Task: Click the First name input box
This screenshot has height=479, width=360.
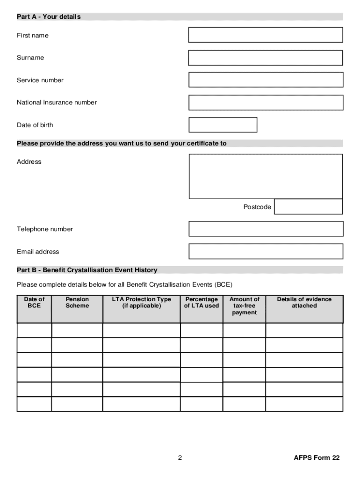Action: point(266,35)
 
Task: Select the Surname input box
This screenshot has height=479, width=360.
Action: point(266,58)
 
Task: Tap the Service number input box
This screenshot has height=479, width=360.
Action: point(266,80)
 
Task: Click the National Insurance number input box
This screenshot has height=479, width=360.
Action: point(266,102)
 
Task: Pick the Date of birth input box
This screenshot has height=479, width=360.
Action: point(223,125)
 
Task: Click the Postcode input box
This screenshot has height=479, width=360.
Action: point(308,207)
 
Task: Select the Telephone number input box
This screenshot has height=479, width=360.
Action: point(266,229)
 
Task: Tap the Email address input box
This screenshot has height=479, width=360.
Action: point(266,251)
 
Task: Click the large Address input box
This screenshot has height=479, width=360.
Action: point(266,176)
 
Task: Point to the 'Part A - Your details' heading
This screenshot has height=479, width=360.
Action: point(49,17)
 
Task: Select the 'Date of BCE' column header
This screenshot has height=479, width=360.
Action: point(34,303)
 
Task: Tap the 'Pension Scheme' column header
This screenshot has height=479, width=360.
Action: point(77,303)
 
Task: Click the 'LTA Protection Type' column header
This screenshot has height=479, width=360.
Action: point(141,303)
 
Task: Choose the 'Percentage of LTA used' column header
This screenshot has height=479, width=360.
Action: point(202,303)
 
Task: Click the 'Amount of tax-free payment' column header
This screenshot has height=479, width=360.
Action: point(244,306)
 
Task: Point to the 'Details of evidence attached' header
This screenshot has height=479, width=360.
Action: point(304,303)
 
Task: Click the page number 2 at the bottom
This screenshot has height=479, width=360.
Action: point(180,458)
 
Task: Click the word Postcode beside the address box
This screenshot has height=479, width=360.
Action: point(257,207)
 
